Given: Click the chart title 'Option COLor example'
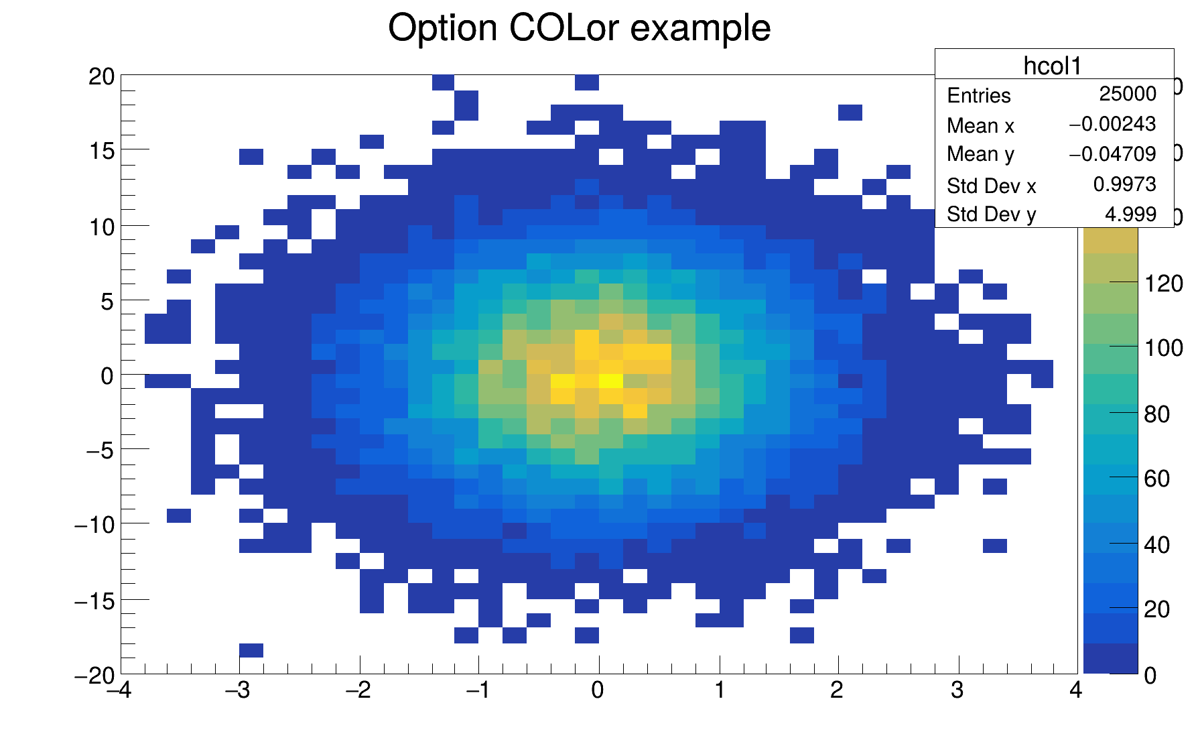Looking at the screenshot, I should tap(579, 28).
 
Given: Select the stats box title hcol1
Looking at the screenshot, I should tap(1053, 66).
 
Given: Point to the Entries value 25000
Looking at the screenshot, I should tap(1127, 94).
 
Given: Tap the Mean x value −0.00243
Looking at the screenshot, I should tap(1112, 124).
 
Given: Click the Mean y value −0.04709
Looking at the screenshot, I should tap(1112, 154).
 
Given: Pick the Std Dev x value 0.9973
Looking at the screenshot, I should tap(1124, 184).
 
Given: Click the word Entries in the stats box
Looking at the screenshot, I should tap(978, 96).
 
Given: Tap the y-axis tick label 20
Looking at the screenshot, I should tap(101, 77).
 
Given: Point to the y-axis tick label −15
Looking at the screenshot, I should tap(94, 601).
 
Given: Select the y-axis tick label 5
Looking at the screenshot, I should tap(108, 302).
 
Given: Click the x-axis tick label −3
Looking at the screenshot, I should tap(238, 690).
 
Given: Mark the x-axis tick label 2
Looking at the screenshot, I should tap(837, 690).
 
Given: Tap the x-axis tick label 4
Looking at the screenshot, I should tap(1075, 690).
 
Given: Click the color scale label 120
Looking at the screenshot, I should tap(1164, 284).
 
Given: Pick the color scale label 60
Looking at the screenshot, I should tap(1157, 479).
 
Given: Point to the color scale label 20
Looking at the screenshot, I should tap(1157, 609).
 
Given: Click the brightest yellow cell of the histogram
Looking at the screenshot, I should tap(610, 381).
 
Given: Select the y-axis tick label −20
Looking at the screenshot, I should tap(94, 676).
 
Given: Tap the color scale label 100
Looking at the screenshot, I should tap(1164, 348).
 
